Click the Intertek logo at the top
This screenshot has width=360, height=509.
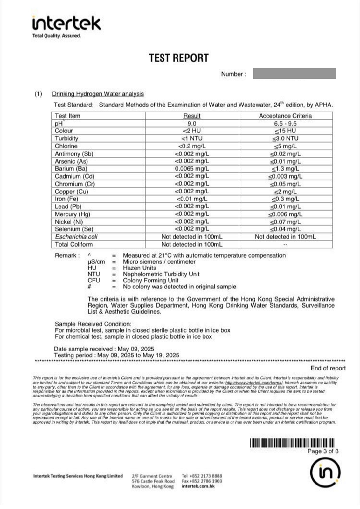click(66, 24)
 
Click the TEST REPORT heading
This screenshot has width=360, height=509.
click(178, 58)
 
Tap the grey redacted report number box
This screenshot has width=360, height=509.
click(294, 73)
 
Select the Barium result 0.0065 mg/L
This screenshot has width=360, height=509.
click(192, 169)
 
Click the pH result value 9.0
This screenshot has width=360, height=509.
click(192, 123)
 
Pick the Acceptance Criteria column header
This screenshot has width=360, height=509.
click(285, 116)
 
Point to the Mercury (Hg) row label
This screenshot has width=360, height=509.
click(73, 214)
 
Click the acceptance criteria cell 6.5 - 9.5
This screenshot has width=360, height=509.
click(285, 123)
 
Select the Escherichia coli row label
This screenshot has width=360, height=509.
click(76, 237)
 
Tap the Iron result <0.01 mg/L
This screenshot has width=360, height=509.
click(192, 199)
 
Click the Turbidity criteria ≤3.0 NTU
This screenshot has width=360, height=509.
click(285, 139)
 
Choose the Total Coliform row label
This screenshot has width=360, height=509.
click(73, 244)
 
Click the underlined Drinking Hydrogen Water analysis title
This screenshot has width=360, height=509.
click(98, 94)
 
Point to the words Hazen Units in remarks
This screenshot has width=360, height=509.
click(139, 268)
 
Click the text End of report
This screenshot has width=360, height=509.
click(328, 368)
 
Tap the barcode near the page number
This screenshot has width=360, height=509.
click(292, 443)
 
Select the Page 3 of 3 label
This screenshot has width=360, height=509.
click(322, 451)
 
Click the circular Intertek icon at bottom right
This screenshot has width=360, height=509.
click(325, 472)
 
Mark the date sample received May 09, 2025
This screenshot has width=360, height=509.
click(136, 349)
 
